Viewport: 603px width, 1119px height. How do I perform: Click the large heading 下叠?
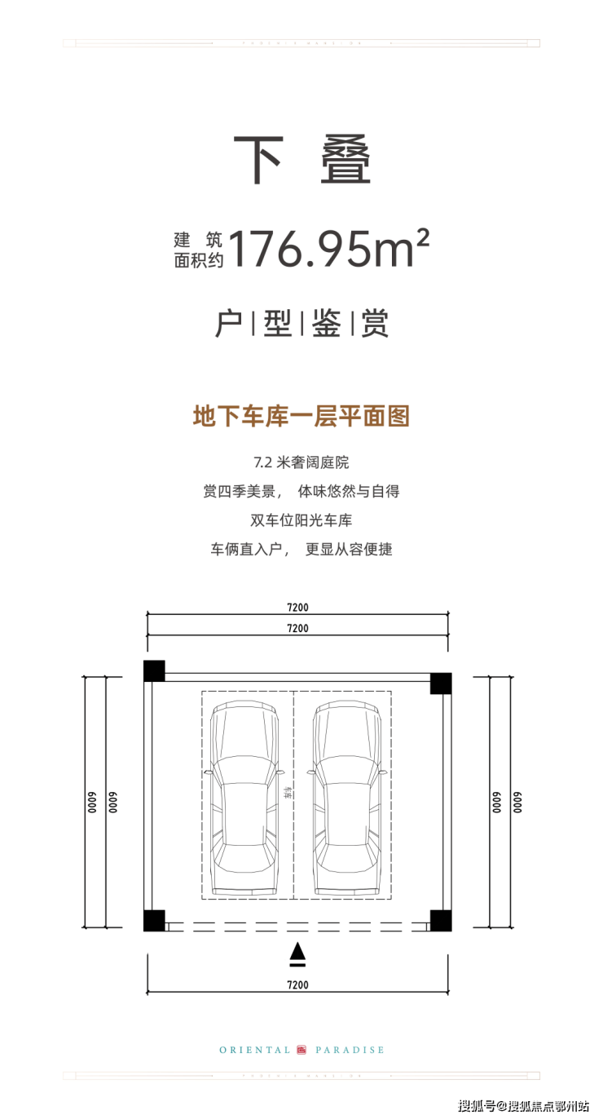[301, 161]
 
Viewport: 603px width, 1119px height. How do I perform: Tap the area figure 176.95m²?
[328, 250]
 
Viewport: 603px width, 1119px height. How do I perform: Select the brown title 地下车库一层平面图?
[301, 417]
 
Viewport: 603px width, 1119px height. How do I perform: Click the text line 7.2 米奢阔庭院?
[301, 462]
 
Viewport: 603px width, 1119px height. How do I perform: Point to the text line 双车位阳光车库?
[301, 520]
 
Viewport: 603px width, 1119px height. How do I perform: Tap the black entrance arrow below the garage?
[298, 952]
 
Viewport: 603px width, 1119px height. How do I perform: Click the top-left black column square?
[154, 670]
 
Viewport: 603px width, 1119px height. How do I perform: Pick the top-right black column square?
[441, 683]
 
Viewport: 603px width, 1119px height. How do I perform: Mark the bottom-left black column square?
[154, 920]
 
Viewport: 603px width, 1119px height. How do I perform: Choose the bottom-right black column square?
[441, 920]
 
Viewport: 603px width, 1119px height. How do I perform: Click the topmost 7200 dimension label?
[298, 608]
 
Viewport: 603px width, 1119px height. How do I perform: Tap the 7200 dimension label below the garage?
[298, 984]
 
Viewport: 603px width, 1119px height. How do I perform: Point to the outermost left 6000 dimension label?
[94, 802]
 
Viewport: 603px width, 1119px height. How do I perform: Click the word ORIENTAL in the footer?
[255, 1050]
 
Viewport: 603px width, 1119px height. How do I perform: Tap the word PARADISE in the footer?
[350, 1050]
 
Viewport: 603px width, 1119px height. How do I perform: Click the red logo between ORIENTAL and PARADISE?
[301, 1050]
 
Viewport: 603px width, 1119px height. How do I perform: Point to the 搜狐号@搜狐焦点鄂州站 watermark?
[524, 1106]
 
